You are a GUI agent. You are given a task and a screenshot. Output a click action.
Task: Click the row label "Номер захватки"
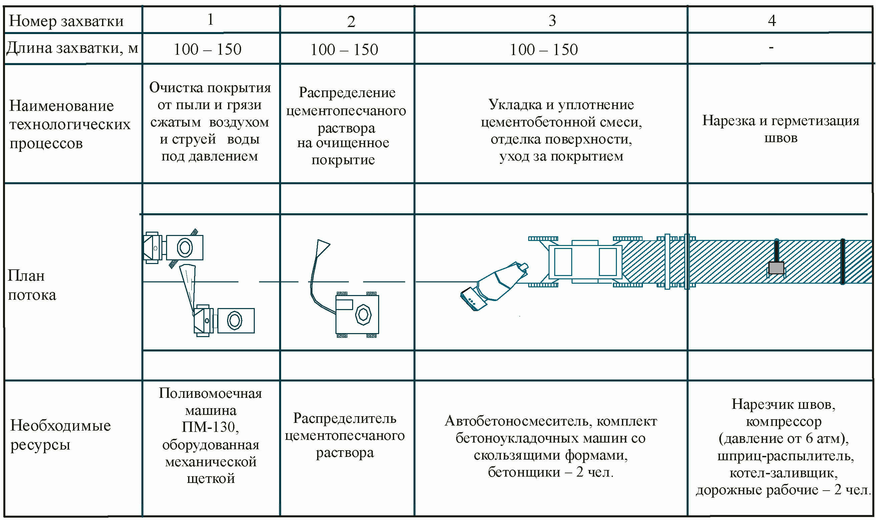[x=66, y=21]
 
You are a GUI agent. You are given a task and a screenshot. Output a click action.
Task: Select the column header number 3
[x=552, y=21]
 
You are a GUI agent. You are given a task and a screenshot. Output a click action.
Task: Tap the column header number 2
[x=351, y=22]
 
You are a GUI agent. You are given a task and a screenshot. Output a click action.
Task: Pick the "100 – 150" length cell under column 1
[x=207, y=49]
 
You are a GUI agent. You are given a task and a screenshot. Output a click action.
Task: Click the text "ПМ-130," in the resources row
[x=210, y=427]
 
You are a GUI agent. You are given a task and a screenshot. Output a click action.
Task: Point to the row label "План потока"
[x=31, y=285]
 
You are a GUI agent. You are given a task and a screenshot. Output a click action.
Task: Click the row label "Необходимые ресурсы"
[x=60, y=435]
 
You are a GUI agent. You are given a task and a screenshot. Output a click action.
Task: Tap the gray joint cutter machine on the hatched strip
[x=776, y=268]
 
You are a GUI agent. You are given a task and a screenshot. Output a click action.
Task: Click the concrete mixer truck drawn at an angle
[x=494, y=285]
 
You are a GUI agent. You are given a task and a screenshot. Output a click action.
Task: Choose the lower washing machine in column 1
[x=224, y=320]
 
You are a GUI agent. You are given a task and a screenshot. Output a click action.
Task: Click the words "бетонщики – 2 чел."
[x=551, y=472]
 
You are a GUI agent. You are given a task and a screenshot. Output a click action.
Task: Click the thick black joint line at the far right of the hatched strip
[x=843, y=261]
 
